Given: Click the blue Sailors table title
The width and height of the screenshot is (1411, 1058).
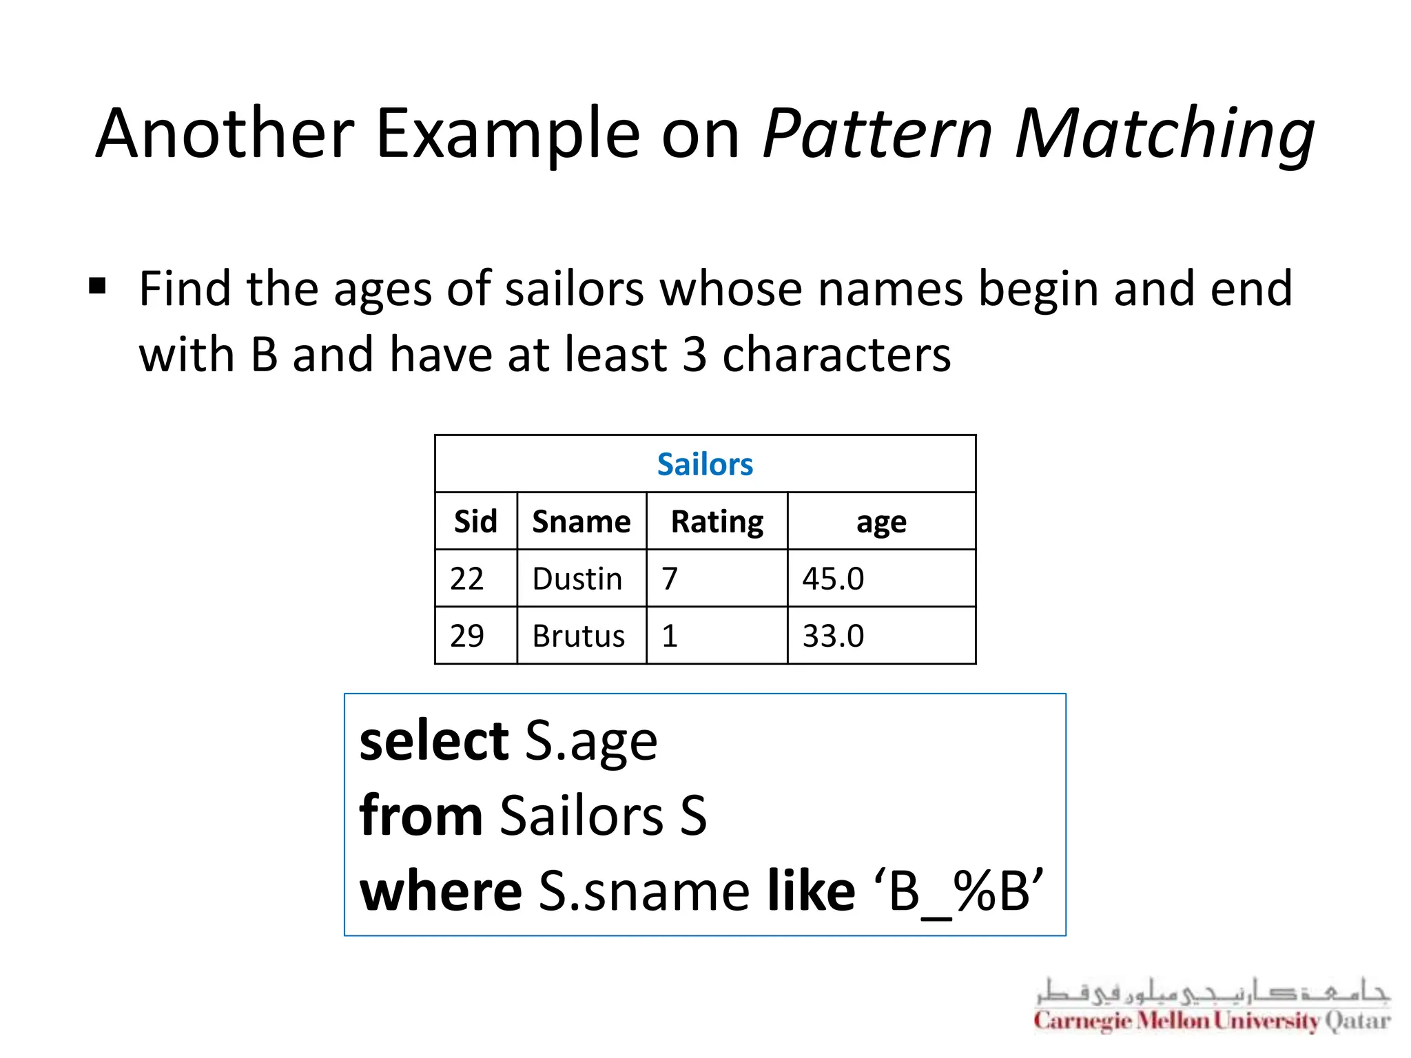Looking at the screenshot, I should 705,464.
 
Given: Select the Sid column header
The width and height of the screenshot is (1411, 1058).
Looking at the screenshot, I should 475,521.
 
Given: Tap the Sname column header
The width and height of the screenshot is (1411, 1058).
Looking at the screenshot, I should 581,521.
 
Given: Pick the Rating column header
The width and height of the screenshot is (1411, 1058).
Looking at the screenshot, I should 717,521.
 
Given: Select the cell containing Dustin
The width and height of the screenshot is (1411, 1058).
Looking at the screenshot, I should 577,579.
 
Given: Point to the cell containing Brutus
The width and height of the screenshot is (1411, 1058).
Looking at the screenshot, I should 579,636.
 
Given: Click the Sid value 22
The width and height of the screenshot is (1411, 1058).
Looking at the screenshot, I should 466,579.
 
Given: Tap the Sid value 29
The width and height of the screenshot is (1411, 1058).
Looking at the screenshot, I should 466,636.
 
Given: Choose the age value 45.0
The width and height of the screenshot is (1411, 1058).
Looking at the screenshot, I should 833,579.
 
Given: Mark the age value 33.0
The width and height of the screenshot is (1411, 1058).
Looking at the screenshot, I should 833,636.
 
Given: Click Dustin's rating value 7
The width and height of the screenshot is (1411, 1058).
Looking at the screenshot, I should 670,579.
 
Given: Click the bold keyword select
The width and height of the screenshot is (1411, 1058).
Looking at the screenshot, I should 434,740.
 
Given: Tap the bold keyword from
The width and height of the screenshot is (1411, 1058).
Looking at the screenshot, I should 421,816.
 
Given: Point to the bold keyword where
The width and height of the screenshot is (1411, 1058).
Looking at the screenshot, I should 441,891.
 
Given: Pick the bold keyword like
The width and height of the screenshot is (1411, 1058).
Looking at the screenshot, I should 811,891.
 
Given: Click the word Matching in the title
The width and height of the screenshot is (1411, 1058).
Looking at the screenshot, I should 1164,134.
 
